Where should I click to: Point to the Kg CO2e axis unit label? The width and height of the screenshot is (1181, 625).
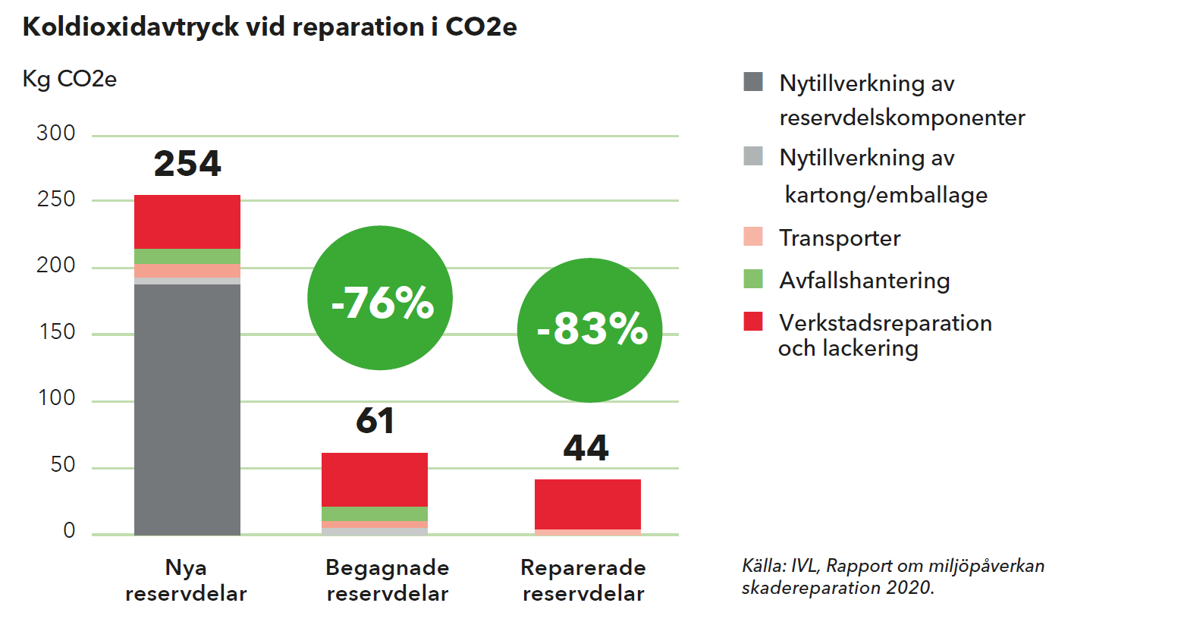[x=69, y=80]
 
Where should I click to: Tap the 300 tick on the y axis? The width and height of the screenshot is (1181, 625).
[x=56, y=133]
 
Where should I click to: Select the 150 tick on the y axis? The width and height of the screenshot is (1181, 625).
[x=57, y=331]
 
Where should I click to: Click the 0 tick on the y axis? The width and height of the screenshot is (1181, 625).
[x=69, y=531]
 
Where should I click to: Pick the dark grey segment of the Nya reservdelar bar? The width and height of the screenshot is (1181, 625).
[x=187, y=410]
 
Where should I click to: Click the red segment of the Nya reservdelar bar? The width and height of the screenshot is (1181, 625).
[x=187, y=222]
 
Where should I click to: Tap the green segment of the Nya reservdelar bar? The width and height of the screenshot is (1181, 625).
[x=187, y=256]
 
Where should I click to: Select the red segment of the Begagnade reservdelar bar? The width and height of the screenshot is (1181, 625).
[x=375, y=480]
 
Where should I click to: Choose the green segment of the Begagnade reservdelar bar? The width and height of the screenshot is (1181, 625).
[x=375, y=514]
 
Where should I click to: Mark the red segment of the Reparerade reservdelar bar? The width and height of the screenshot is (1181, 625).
[x=588, y=504]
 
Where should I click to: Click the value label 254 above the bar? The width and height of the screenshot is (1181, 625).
[x=187, y=164]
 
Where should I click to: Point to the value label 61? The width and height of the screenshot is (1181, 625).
[x=375, y=421]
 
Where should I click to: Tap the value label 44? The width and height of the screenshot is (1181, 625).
[x=586, y=448]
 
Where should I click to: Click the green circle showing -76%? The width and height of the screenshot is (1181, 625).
[x=380, y=298]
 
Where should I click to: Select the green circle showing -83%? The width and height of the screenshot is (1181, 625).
[x=590, y=330]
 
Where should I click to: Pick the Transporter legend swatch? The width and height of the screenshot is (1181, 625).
[x=753, y=237]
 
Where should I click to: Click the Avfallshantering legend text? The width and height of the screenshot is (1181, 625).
[x=865, y=281]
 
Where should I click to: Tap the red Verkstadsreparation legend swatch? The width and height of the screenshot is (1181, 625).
[x=753, y=321]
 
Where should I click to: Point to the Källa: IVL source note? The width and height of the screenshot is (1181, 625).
[x=893, y=576]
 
